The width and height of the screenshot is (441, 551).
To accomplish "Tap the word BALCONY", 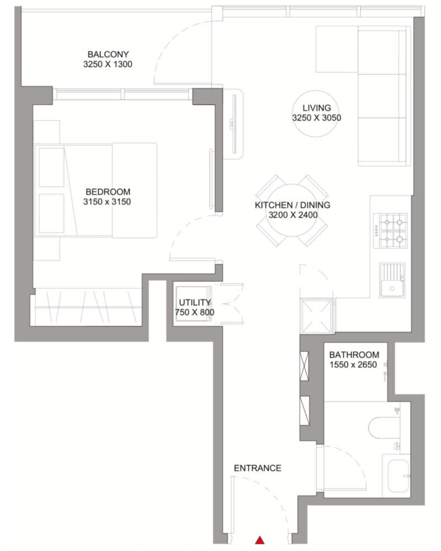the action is pyautogui.click(x=108, y=54).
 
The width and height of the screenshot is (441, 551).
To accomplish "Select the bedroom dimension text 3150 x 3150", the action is pyautogui.click(x=107, y=202).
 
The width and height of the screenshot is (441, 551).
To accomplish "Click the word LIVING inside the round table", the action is pyautogui.click(x=317, y=108).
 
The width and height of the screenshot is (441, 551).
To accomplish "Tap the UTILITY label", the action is pyautogui.click(x=194, y=302).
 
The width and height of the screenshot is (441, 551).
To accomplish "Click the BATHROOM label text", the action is pyautogui.click(x=354, y=355).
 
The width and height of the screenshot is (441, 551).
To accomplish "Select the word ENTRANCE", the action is pyautogui.click(x=258, y=468).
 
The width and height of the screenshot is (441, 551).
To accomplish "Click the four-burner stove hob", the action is pyautogui.click(x=390, y=231).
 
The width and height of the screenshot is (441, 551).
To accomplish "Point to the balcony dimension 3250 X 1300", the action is pyautogui.click(x=108, y=64).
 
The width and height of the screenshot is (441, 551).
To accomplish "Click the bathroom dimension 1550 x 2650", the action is pyautogui.click(x=353, y=364).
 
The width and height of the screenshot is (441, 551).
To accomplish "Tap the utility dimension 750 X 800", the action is pyautogui.click(x=194, y=312).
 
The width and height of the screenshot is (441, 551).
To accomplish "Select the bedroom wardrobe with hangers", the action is pyautogui.click(x=86, y=307).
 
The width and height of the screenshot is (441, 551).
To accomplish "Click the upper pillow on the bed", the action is pyautogui.click(x=51, y=167).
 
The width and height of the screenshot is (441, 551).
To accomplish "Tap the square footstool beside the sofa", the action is pyautogui.click(x=337, y=49).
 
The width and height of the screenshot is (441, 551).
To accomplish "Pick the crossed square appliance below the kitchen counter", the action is pyautogui.click(x=317, y=316).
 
